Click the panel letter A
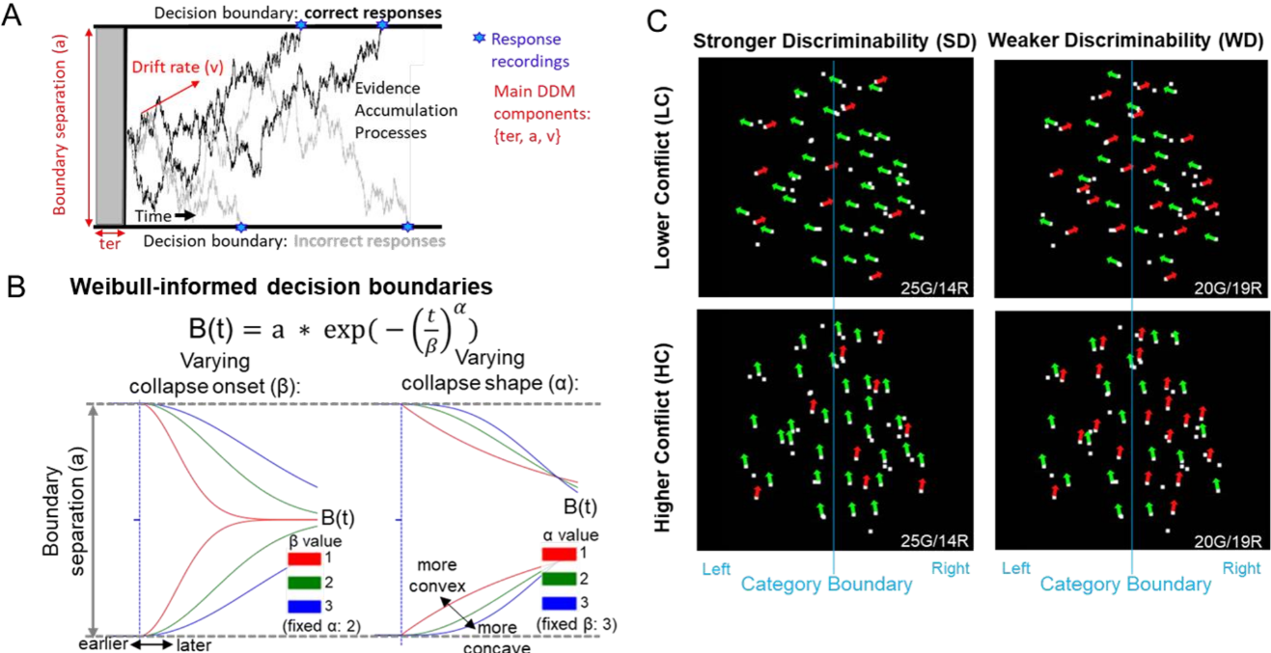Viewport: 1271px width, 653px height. point(12,14)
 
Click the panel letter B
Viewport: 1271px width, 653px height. point(15,287)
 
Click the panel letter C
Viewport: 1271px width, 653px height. point(657,22)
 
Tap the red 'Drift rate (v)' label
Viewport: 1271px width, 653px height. point(178,67)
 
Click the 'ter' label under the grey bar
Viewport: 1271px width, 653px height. point(109,244)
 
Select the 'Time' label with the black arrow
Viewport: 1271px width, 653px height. point(165,216)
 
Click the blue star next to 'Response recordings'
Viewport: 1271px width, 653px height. point(480,38)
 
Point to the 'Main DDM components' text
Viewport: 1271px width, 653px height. point(541,114)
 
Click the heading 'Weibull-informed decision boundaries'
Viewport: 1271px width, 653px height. point(281,286)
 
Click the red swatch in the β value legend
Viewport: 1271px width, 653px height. point(305,558)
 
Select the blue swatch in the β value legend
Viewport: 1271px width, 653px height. point(305,606)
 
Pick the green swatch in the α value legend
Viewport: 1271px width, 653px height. point(559,579)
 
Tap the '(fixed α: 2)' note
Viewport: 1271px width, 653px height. point(321,626)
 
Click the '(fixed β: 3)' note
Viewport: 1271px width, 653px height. point(576,624)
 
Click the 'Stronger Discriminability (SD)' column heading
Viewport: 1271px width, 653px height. point(835,41)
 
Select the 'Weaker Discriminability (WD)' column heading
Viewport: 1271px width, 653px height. point(1125,41)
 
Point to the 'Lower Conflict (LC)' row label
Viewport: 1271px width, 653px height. point(662,177)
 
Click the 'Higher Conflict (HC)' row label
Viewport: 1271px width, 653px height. point(662,437)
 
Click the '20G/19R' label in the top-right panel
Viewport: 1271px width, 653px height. point(1228,288)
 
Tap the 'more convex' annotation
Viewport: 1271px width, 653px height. point(437,575)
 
